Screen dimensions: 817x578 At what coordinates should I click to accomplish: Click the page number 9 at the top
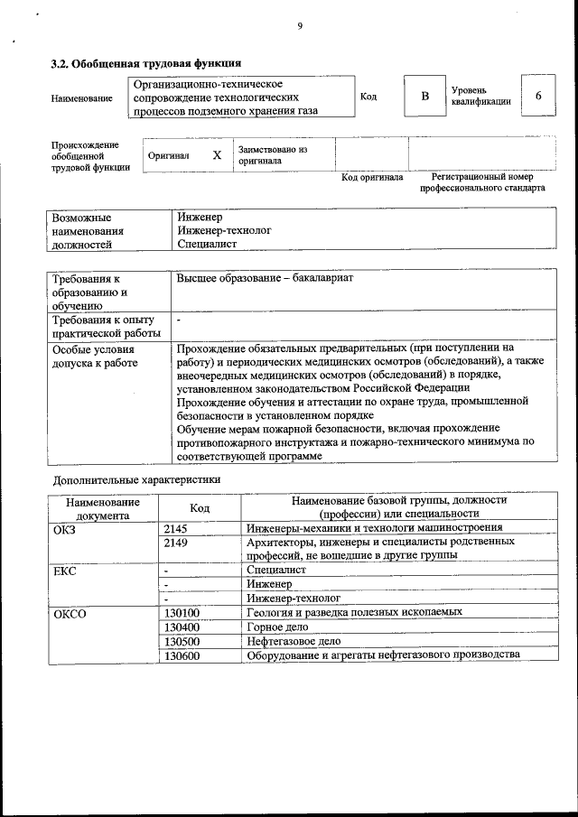coord(299,27)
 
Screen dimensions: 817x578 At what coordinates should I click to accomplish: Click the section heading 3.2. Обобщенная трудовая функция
coord(144,63)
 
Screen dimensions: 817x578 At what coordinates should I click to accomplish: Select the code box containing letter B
coord(424,97)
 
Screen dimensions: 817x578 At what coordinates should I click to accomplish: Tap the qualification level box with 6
coord(538,97)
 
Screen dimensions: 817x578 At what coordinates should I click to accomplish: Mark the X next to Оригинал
coord(217,155)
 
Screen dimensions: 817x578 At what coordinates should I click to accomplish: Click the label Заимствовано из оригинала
coord(273,155)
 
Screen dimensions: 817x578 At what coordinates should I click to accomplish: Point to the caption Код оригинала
coord(372,178)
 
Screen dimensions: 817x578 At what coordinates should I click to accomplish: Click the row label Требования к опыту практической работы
coord(103,327)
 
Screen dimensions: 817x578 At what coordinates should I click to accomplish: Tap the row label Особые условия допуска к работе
coord(95,356)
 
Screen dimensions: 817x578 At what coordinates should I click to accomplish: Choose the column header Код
coord(200,508)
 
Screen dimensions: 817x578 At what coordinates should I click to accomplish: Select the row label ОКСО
coord(69,613)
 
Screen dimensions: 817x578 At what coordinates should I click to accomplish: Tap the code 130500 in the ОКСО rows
coord(182,640)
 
